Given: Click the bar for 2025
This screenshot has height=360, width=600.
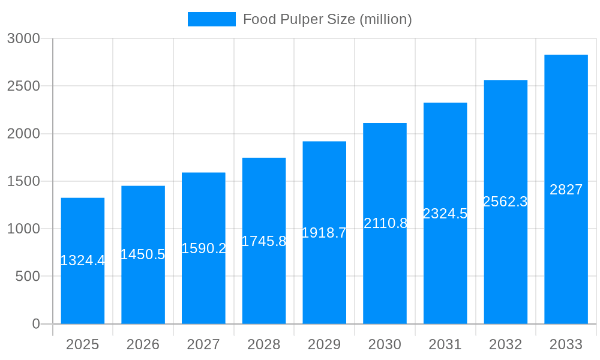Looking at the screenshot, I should coord(83,288).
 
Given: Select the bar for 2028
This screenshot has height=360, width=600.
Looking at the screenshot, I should coord(264,282).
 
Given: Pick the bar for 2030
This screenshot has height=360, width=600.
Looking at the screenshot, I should coord(385,270).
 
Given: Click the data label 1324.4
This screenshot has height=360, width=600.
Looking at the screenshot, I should coord(83,260).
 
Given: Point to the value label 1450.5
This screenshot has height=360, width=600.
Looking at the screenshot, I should coord(143,254).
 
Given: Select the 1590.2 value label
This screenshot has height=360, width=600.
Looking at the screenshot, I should coord(203,248).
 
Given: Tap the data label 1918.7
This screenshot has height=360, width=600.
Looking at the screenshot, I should coord(324,233).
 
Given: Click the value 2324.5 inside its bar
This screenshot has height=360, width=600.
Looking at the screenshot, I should coord(445,214).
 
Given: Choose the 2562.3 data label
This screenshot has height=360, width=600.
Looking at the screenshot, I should coord(505,202).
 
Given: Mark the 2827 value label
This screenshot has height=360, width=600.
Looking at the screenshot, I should coord(566,190).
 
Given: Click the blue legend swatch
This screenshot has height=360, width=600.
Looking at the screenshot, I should coord(211,19).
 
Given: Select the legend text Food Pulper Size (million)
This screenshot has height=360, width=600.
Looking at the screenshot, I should coord(327,19).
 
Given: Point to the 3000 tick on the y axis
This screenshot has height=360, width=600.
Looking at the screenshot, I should coord(23,38).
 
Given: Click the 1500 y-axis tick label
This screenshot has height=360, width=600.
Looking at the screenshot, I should coord(23,181).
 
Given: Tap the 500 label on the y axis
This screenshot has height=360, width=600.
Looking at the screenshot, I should coord(28,277).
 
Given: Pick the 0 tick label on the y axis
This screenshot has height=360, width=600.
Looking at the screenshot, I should coord(36,324).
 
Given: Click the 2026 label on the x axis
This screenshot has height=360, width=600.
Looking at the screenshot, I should coord(143,344).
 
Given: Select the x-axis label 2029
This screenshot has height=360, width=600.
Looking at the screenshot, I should coord(324,344).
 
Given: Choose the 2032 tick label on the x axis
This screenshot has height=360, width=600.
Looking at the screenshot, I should coord(505,344).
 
